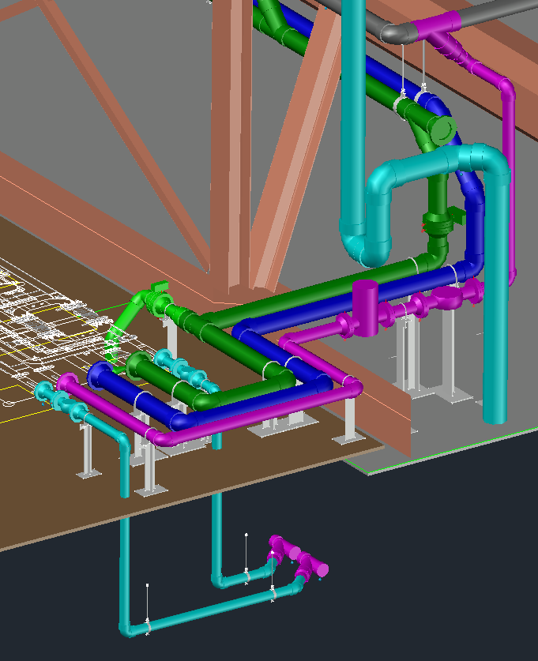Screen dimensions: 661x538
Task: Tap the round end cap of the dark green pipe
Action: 443,128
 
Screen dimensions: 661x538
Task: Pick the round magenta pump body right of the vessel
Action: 446,300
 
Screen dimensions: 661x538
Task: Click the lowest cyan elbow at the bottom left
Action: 127,629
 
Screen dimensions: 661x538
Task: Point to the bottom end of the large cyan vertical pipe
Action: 495,413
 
